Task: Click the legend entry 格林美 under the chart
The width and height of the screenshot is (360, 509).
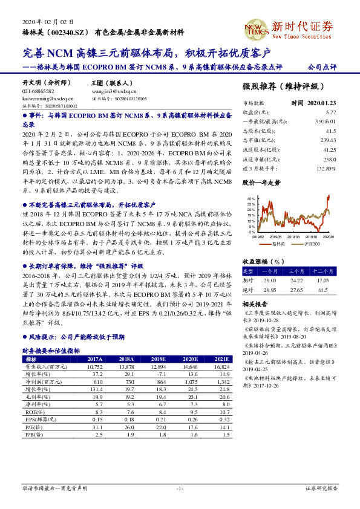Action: tap(279, 244)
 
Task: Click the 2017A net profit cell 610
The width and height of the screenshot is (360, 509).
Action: tap(98, 383)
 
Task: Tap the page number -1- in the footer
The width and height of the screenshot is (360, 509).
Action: tap(180, 488)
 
